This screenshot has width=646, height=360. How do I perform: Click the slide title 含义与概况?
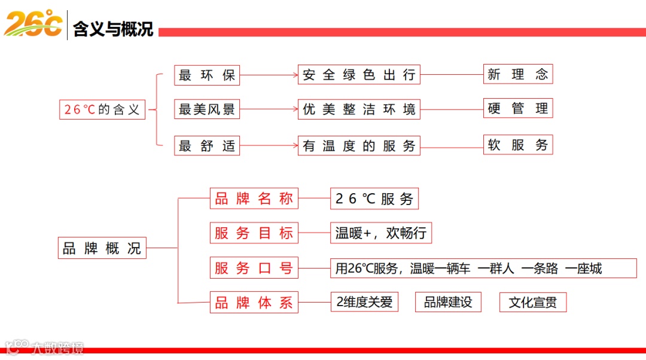pos(113,29)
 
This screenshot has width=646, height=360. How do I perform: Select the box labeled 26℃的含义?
pos(102,109)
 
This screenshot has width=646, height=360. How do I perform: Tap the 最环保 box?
pos(206,75)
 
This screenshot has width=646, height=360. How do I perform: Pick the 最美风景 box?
pos(206,109)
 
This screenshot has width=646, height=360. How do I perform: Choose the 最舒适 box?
pos(206,145)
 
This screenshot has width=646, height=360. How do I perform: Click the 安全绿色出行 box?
pos(359,75)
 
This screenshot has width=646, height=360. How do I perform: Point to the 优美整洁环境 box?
pos(359,109)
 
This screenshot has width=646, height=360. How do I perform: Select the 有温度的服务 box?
pos(359,146)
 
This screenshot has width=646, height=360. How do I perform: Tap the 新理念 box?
pos(517,74)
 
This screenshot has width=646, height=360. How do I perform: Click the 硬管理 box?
pos(517,108)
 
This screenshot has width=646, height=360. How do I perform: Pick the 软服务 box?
pos(517,145)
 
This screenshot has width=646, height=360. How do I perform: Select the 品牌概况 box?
pos(102,248)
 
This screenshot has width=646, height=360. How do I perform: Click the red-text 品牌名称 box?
pos(254,199)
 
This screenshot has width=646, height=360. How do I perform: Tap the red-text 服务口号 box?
pos(254,268)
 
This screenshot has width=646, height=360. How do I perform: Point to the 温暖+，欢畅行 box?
pos(380,233)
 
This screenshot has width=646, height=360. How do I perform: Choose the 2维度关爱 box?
pos(364,302)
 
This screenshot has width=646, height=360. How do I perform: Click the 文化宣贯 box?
pos(532,302)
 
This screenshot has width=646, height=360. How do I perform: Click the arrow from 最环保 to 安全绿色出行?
pos(269,75)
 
